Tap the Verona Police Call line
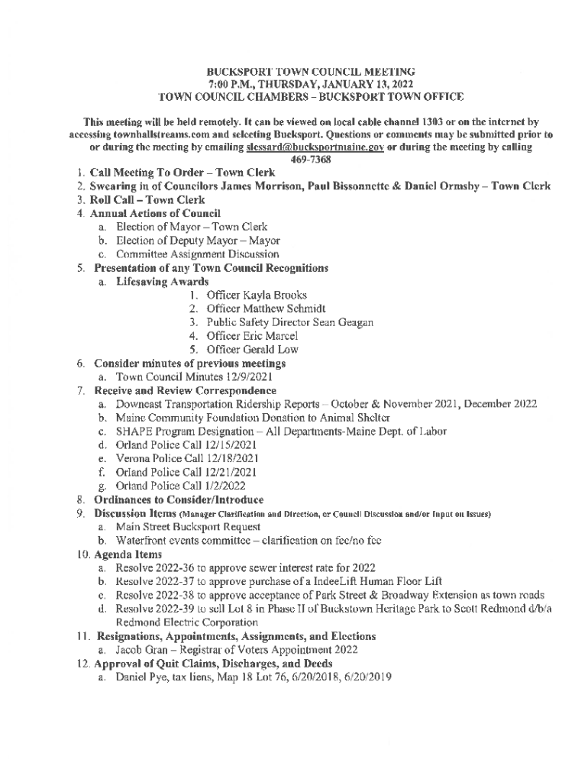click(187, 458)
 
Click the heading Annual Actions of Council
click(157, 213)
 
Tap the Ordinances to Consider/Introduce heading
click(166, 499)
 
